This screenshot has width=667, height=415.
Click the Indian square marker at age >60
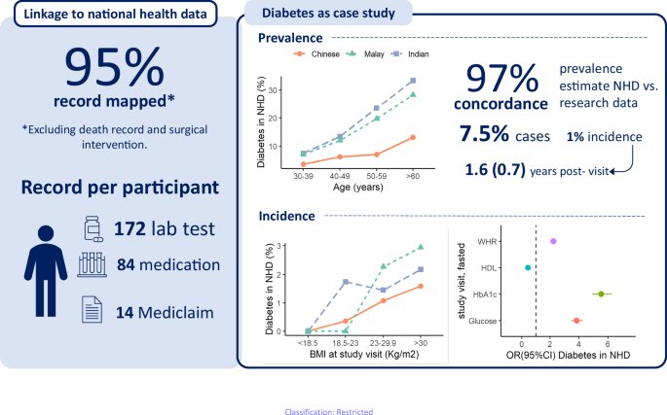coord(413,80)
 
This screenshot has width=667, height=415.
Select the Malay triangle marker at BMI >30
coord(421,247)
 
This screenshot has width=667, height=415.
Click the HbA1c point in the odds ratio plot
coord(602,294)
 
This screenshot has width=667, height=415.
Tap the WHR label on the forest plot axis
coord(489,240)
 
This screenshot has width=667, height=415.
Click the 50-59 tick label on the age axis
coord(376,176)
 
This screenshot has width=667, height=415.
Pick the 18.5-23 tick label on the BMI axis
coord(346,342)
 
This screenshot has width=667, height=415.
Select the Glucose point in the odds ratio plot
coord(576,320)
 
